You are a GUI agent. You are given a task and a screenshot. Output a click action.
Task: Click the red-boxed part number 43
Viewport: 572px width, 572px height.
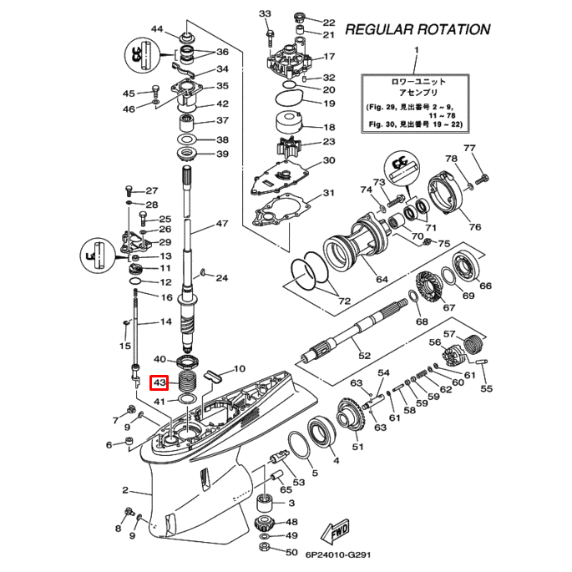tap(159, 383)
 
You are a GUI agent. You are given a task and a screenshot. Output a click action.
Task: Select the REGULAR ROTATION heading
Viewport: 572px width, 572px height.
tap(418, 29)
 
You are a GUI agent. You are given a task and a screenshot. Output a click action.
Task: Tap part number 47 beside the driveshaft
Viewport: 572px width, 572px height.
tap(221, 224)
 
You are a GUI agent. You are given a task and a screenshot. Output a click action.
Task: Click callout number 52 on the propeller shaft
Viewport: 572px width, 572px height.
tap(364, 356)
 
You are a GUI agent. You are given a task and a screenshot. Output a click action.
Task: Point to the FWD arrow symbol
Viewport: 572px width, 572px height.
tap(337, 531)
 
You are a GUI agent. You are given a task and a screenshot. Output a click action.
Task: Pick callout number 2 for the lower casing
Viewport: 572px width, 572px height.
tap(125, 490)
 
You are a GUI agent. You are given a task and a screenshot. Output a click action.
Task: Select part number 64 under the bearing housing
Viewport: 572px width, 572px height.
tap(382, 279)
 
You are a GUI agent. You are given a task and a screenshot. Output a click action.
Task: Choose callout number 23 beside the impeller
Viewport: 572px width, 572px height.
tap(328, 141)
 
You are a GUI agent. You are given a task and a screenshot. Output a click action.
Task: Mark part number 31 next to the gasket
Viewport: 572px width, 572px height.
tap(328, 194)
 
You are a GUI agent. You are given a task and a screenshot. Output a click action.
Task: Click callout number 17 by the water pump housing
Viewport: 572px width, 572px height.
tap(328, 57)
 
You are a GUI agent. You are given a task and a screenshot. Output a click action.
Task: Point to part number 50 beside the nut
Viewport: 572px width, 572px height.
tap(291, 552)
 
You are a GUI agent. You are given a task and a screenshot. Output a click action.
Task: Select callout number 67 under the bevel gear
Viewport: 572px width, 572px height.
tap(449, 308)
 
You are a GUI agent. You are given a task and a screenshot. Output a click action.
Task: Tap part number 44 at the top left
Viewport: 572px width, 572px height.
tap(157, 30)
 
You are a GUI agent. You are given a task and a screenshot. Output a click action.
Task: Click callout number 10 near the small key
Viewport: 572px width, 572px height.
tap(239, 368)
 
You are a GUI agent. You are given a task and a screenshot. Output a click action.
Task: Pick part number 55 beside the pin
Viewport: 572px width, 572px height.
tap(487, 388)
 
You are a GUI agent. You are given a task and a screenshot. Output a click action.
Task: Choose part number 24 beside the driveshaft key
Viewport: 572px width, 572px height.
tap(221, 278)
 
